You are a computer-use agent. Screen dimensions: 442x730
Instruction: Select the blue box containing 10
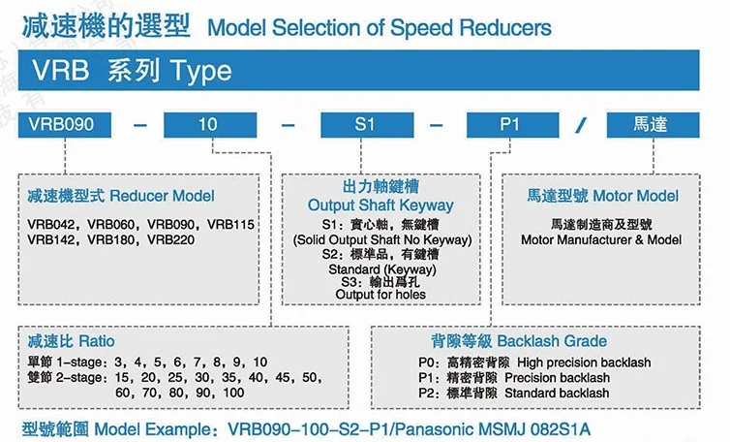206,125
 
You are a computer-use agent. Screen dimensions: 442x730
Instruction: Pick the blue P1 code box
511,125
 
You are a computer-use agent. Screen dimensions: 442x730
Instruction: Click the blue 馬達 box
650,125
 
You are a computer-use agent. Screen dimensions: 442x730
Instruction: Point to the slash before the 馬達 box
581,125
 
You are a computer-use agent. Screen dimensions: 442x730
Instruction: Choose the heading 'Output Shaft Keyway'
380,205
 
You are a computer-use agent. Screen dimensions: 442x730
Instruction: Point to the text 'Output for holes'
380,294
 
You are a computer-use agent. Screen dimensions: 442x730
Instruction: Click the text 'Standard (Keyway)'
380,268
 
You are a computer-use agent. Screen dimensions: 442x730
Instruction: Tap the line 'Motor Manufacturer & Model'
601,239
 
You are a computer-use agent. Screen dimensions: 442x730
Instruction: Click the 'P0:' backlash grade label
414,363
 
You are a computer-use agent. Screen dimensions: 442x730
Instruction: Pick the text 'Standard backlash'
564,393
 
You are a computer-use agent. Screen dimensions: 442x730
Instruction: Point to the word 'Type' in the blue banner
201,71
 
